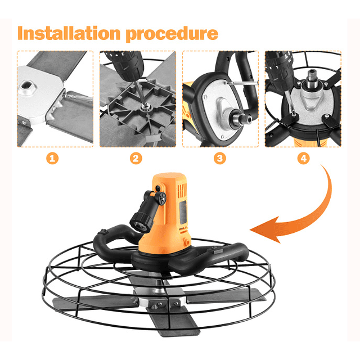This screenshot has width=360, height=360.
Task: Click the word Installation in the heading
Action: (x=69, y=33)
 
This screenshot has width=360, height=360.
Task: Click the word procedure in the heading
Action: (x=172, y=34)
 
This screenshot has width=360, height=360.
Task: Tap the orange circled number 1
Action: (x=52, y=159)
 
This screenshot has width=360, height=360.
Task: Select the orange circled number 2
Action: (x=136, y=159)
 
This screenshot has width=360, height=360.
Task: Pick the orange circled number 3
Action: (x=220, y=159)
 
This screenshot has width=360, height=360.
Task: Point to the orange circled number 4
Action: (x=304, y=159)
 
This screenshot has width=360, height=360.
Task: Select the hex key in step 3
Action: (x=241, y=83)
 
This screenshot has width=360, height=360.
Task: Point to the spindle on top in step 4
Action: (x=312, y=78)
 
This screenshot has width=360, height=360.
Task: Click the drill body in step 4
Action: (x=278, y=69)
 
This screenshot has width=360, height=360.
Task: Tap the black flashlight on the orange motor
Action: (x=147, y=211)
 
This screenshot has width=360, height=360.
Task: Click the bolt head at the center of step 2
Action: (x=144, y=106)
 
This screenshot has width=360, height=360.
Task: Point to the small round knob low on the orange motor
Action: (x=186, y=242)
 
